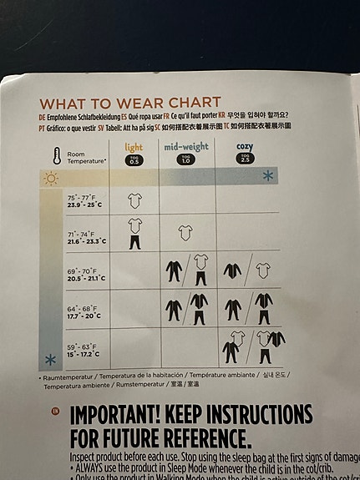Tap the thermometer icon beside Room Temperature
click(55, 155)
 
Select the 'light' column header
click(134, 147)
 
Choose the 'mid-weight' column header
click(185, 147)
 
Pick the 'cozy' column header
click(246, 147)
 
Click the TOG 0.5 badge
click(134, 159)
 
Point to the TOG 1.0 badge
click(185, 159)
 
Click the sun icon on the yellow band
click(52, 177)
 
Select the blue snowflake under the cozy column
click(267, 175)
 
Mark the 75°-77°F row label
click(84, 201)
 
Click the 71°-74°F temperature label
click(84, 237)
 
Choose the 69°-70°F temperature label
click(84, 273)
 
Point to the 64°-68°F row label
click(84, 310)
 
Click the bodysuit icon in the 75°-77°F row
click(134, 200)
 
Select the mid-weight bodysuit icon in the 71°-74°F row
click(185, 232)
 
